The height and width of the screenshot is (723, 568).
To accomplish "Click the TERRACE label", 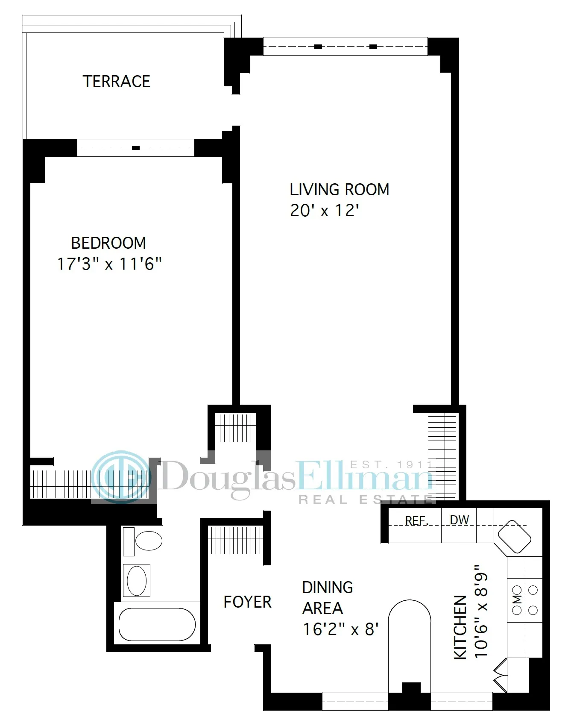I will coord(116,81).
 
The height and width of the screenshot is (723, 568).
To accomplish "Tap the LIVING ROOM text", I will coord(340,189).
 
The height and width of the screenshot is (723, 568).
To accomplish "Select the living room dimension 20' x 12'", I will coord(324,211).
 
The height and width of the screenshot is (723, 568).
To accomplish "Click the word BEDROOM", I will coord(108,243).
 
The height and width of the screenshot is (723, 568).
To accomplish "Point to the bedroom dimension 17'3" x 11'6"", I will coord(109,264).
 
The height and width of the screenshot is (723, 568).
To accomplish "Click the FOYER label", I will coord(247,602).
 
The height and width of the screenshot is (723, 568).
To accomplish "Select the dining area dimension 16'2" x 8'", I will coord(341,629).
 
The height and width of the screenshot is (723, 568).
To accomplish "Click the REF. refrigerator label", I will coord(416,521).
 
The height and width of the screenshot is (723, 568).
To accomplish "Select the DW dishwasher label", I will coord(460,520).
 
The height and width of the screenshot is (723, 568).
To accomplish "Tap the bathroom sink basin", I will coord(137,580).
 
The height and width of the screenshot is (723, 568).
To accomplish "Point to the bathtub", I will coord(157,624).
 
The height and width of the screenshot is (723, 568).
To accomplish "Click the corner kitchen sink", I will coord(514,538).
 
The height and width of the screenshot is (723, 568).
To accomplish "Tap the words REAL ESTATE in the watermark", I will coord(365,499).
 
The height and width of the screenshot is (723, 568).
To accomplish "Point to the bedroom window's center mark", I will coord(136,148).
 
